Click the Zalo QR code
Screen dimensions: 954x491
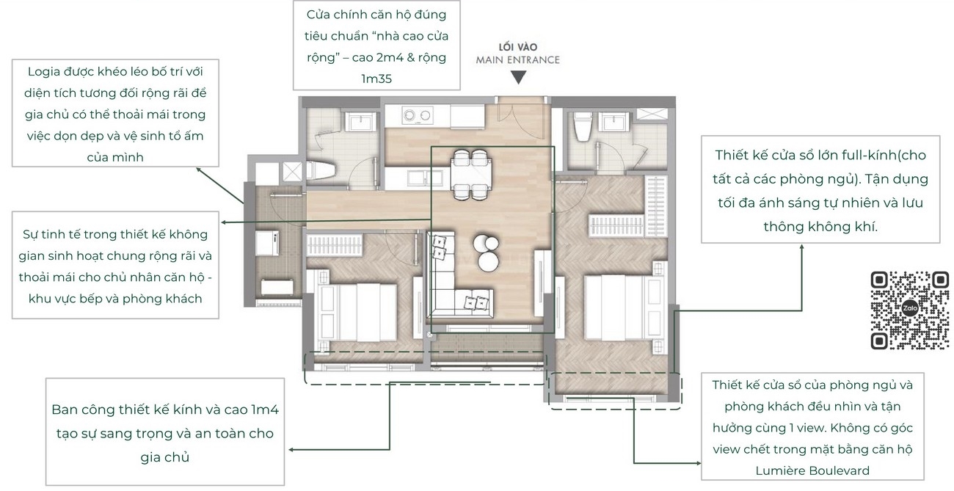coord(910,310)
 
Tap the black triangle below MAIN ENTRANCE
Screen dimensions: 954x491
coord(518,77)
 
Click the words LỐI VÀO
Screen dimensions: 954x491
coord(518,47)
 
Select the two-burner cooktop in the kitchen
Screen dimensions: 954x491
coord(418,114)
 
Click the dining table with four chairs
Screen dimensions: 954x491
coord(471,175)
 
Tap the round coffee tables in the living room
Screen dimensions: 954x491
coord(486,252)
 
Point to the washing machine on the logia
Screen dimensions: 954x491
coord(267,243)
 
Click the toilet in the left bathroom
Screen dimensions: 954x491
coord(321,170)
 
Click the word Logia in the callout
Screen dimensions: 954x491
coord(44,72)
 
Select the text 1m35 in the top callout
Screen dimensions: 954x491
coord(376,79)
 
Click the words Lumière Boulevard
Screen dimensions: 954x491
coord(812,470)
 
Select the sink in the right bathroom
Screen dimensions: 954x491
coord(613,122)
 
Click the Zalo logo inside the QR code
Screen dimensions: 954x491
coord(910,308)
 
